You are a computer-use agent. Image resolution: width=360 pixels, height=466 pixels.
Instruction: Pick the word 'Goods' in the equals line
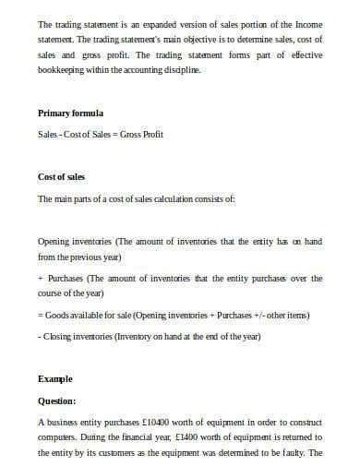(x=59, y=315)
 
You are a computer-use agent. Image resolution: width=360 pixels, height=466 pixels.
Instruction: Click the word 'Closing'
(x=60, y=336)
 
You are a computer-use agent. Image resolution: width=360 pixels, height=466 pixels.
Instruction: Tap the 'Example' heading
(x=55, y=379)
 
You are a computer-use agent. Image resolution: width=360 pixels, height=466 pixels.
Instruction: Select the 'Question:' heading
(x=57, y=400)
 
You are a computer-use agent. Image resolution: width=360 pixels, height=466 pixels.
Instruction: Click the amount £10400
(x=153, y=422)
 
